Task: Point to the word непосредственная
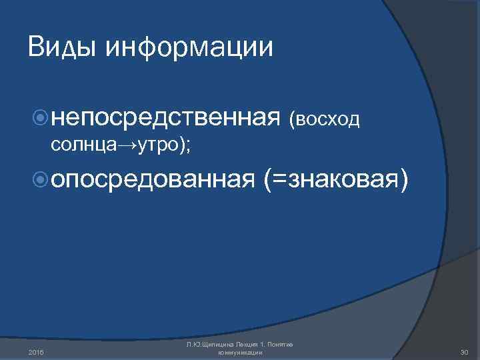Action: click(164, 118)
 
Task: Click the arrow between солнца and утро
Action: click(127, 146)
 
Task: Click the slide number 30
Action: click(465, 352)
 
